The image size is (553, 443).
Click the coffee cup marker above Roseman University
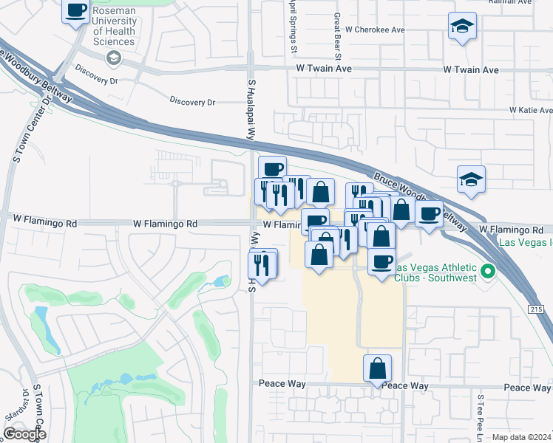[x=76, y=11]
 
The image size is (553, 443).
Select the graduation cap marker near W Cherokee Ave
[x=462, y=27]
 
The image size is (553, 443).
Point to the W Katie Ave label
[x=531, y=110]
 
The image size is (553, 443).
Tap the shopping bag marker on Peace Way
[x=377, y=368]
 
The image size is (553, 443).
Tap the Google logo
[x=24, y=434]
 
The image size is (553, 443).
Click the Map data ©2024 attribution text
[x=522, y=437]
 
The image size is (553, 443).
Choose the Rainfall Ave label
[x=509, y=2]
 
